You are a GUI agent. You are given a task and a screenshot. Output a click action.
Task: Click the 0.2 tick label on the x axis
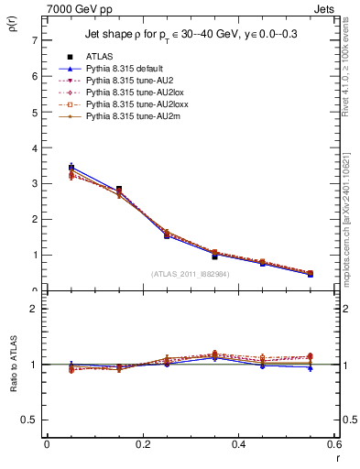142,444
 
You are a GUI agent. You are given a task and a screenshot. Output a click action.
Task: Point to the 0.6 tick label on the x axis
333,444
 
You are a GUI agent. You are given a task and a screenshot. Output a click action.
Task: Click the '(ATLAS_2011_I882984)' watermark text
190,274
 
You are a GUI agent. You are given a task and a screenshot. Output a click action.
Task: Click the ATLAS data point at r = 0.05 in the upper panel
71,168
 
